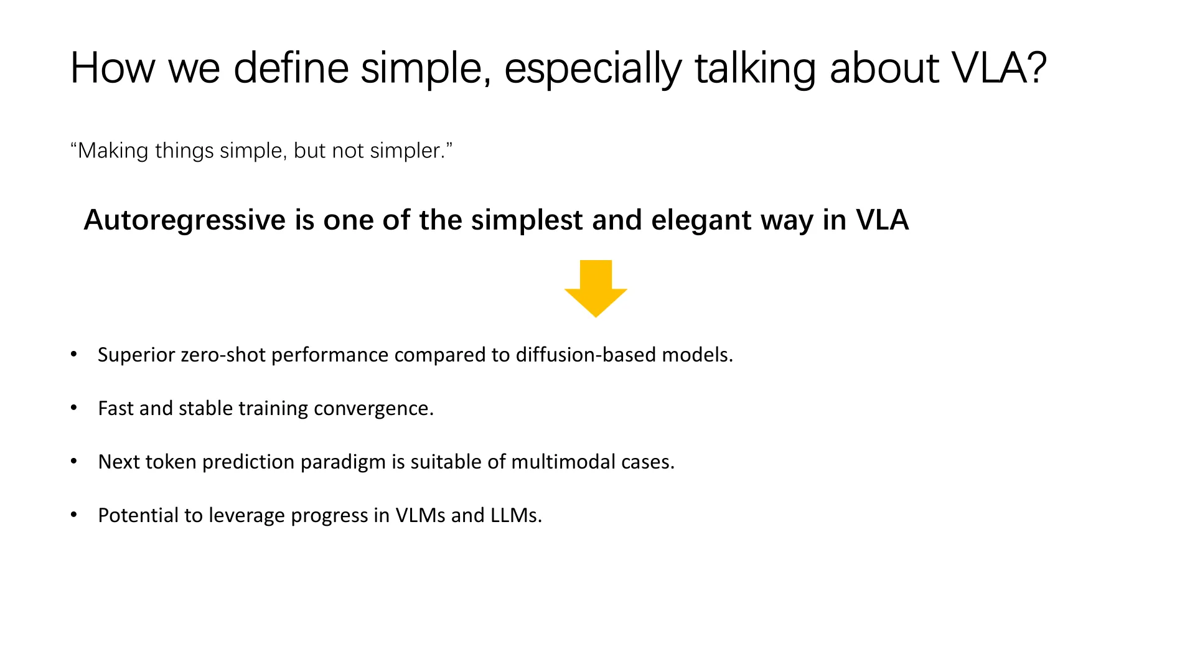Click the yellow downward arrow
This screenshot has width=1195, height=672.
(x=596, y=289)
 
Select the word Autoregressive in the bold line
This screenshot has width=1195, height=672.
(x=185, y=220)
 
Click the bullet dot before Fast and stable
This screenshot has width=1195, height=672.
(x=74, y=408)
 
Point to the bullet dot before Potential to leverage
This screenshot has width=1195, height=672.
(x=74, y=515)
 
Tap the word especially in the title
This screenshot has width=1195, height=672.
(x=593, y=68)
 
